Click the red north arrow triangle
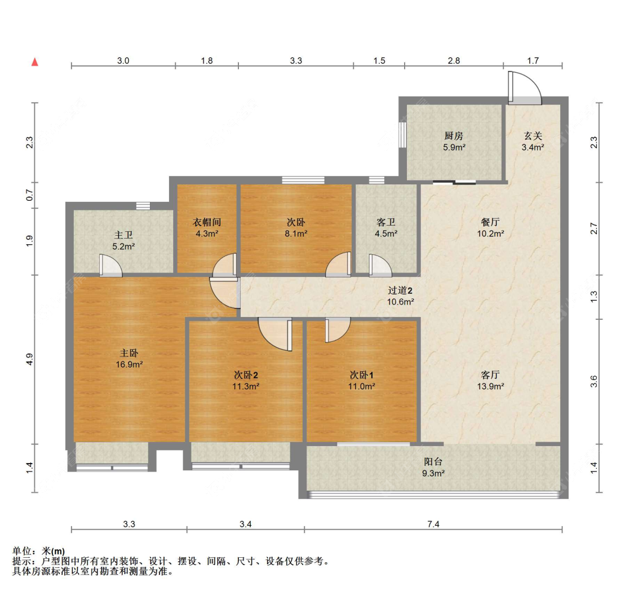[34, 62]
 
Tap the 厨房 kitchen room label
[453, 136]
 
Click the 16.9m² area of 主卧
[129, 364]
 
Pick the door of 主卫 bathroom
[110, 266]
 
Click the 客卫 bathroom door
[379, 265]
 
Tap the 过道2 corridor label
[401, 291]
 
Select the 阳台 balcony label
[433, 462]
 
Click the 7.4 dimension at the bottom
[433, 525]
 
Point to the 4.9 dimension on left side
[29, 359]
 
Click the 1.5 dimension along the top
[379, 60]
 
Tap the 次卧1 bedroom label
[362, 375]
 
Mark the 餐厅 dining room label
[490, 222]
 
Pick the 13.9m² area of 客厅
[490, 386]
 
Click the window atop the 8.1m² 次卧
[303, 180]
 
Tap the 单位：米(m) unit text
[38, 551]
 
